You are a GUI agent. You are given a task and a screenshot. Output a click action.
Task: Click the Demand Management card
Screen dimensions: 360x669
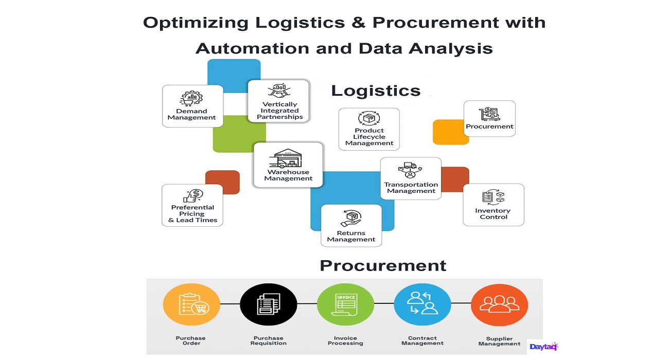[x=192, y=106]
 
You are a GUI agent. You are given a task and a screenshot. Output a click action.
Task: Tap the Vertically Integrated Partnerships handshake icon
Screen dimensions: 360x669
[x=278, y=91]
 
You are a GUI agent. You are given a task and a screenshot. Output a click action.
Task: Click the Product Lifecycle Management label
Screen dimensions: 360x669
[x=369, y=137]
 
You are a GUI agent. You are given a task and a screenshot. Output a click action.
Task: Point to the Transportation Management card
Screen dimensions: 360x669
[x=411, y=178]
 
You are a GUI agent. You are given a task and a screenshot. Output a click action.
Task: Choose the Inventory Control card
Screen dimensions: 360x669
[x=494, y=205]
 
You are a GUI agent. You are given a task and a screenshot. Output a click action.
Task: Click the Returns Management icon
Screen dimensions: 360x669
[x=351, y=219]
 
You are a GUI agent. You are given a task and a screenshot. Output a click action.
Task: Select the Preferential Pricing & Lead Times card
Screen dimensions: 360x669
[x=192, y=205]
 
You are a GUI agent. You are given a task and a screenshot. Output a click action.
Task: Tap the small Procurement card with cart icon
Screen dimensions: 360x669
[x=489, y=118]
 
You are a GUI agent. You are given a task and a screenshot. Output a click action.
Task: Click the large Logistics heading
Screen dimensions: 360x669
[x=376, y=91]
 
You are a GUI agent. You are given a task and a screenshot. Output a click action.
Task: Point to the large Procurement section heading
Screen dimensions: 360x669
[x=383, y=265]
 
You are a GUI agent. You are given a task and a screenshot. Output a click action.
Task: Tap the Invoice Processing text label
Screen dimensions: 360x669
[x=345, y=340]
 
